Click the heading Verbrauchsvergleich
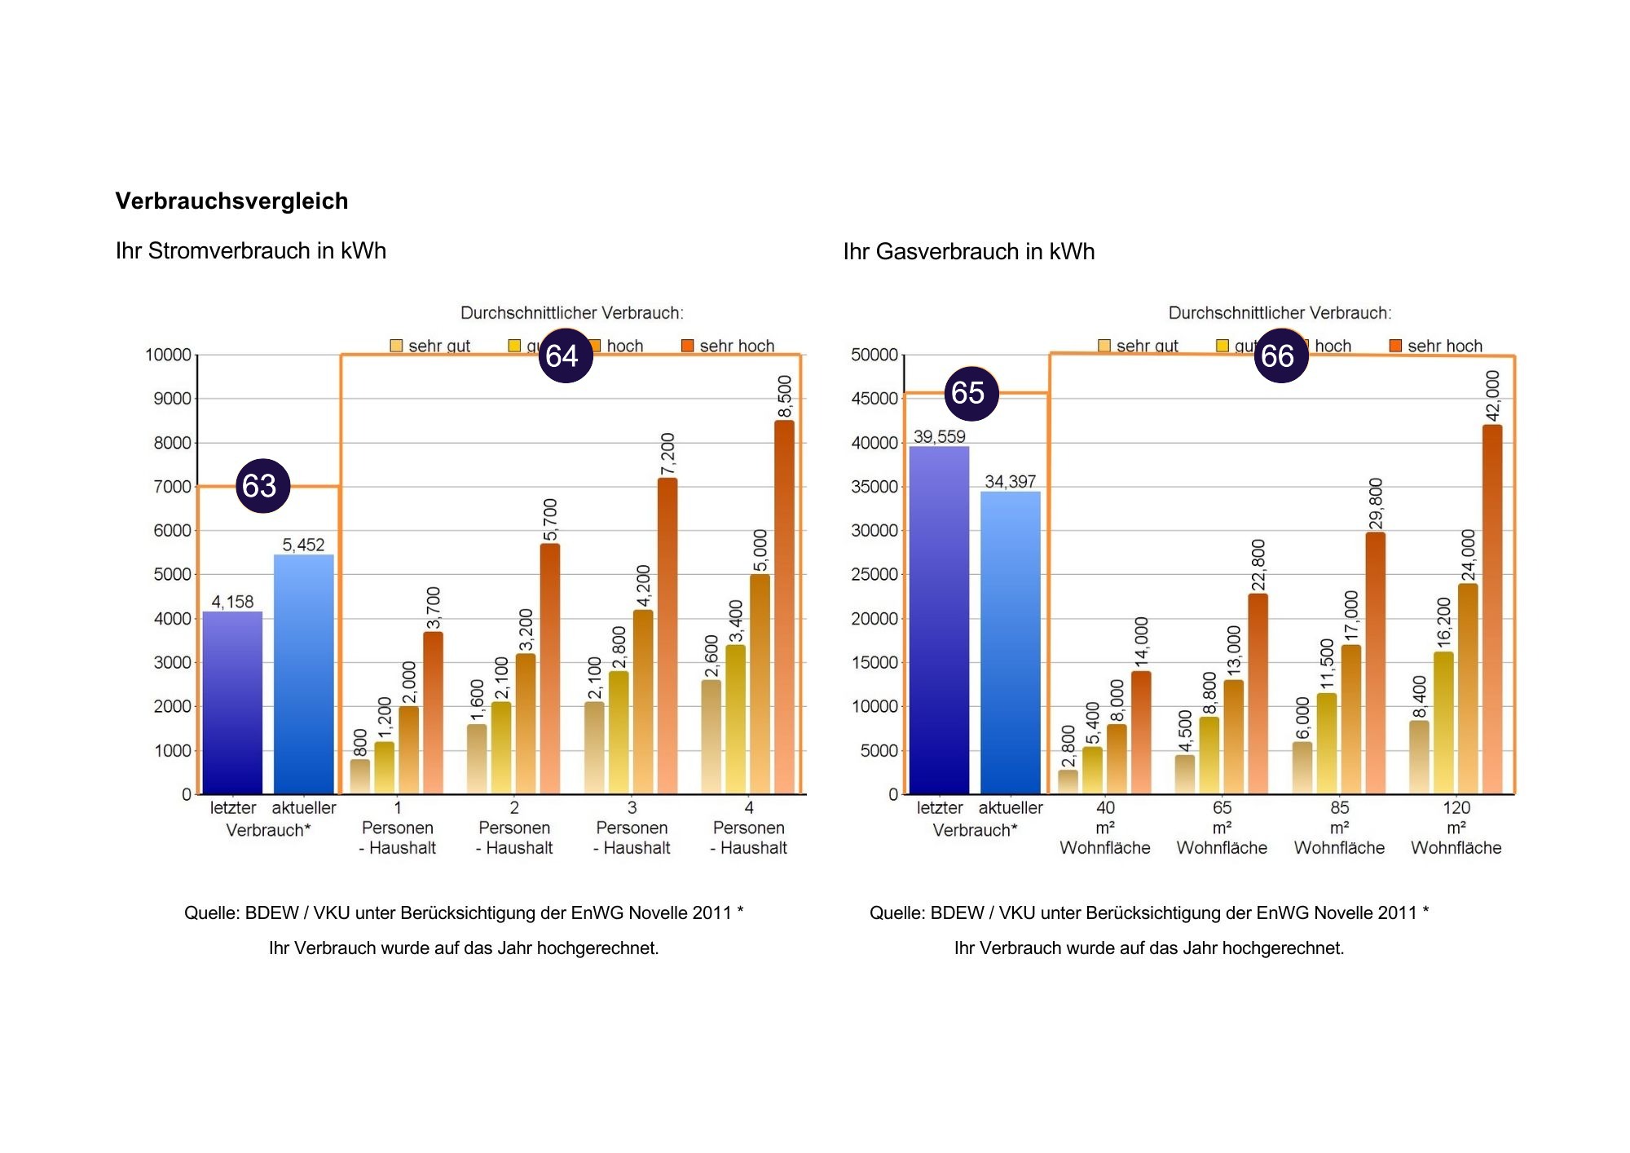pyautogui.click(x=231, y=201)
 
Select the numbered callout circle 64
pyautogui.click(x=565, y=356)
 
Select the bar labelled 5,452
pyautogui.click(x=304, y=674)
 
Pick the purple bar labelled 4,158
pyautogui.click(x=232, y=702)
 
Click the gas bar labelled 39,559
pyautogui.click(x=939, y=620)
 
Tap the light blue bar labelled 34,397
pyautogui.click(x=1010, y=642)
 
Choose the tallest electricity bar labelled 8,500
pyautogui.click(x=784, y=607)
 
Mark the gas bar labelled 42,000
pyautogui.click(x=1491, y=609)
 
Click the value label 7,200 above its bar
pyautogui.click(x=667, y=454)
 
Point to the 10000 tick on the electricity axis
pyautogui.click(x=168, y=355)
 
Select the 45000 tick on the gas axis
pyautogui.click(x=874, y=399)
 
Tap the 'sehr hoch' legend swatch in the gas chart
pyautogui.click(x=1395, y=346)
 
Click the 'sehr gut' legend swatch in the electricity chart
pyautogui.click(x=396, y=346)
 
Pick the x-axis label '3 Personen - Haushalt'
pyautogui.click(x=632, y=828)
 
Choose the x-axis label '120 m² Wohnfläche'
pyautogui.click(x=1456, y=828)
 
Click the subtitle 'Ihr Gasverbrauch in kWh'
pyautogui.click(x=968, y=251)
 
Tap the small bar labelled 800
pyautogui.click(x=359, y=776)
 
